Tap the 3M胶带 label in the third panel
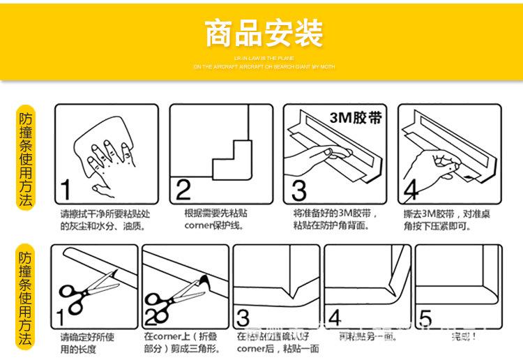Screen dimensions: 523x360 pos(355,117)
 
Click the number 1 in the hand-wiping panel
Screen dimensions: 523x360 pos(65,189)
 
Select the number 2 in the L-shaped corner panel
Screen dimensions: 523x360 pos(183,189)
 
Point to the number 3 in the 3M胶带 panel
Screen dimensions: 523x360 pos(298,190)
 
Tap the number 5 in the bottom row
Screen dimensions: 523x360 pos(425,318)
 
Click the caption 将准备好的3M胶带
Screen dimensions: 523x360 pos(335,213)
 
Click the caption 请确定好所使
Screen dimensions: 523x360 pos(87,337)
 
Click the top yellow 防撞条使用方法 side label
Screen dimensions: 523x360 pos(26,160)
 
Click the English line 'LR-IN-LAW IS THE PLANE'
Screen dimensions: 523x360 pos(264,58)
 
